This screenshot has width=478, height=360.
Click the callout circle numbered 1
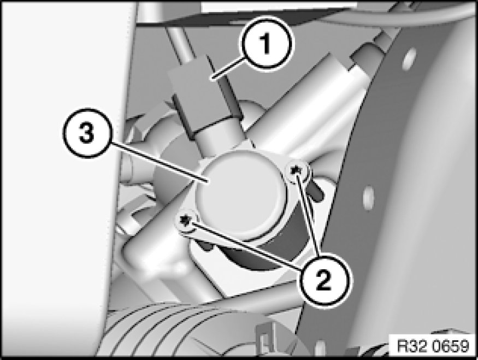tap(267, 44)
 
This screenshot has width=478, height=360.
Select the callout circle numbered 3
tap(87, 133)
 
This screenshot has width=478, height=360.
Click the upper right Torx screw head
tap(296, 169)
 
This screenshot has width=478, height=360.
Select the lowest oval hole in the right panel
tap(321, 348)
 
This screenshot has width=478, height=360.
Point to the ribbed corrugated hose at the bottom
tap(170, 329)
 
